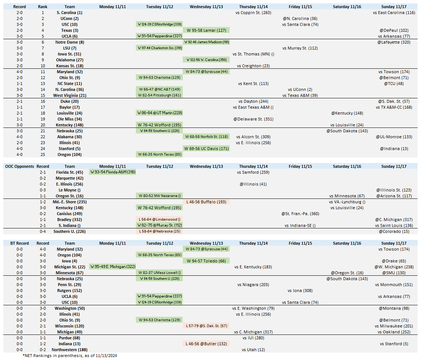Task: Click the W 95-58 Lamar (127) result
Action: coord(206,30)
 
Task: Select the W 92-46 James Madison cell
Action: coord(206,42)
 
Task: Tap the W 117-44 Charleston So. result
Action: coord(159,48)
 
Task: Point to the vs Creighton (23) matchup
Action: coord(253,66)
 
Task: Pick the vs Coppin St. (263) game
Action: coord(253,13)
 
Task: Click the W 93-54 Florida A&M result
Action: coord(112,172)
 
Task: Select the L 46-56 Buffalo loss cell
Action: coord(206,202)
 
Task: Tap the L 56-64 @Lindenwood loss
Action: coord(159,220)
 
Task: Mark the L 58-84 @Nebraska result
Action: coord(159,231)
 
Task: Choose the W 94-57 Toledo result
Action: coord(206,261)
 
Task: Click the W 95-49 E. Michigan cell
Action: coord(112,267)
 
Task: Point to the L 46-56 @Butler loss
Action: coord(206,344)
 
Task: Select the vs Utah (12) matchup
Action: coord(253,350)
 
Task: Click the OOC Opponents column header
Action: coord(20,166)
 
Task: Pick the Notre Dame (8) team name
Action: coord(70,42)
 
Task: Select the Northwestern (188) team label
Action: coord(70,350)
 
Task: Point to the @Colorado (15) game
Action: coord(394,231)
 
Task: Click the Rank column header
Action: coord(43,7)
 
